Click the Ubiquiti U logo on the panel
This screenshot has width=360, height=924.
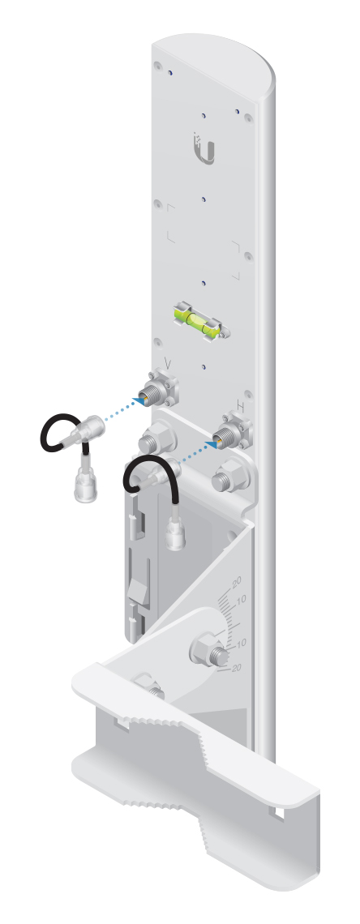(x=204, y=149)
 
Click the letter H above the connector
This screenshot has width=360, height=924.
(x=240, y=406)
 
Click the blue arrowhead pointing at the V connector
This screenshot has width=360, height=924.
(x=139, y=400)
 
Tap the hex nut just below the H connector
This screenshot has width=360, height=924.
(x=229, y=475)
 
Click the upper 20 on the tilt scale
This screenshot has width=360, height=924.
(x=236, y=582)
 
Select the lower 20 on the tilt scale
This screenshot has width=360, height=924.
(x=237, y=667)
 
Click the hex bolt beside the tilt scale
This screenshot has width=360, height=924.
(x=210, y=651)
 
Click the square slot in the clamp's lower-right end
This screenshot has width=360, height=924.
(x=278, y=812)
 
